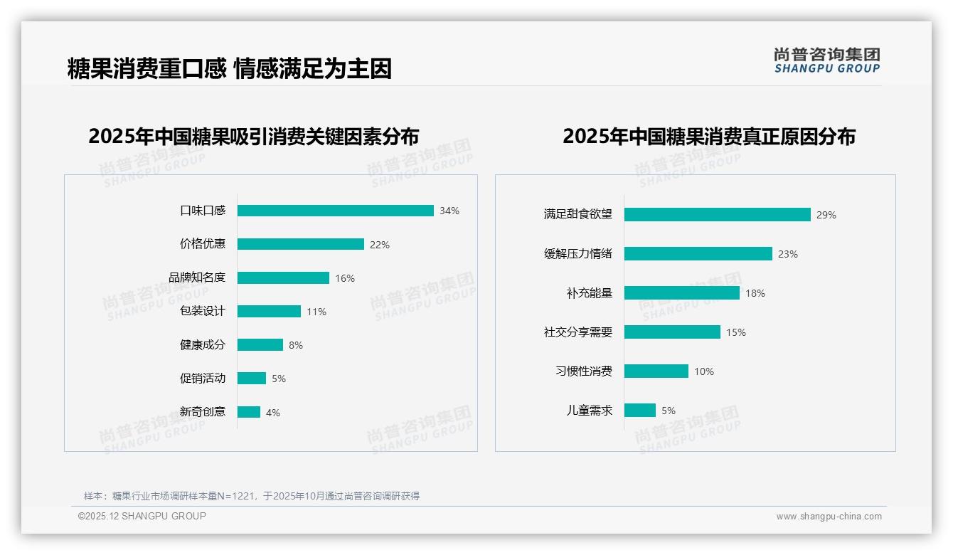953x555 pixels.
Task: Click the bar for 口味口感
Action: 335,211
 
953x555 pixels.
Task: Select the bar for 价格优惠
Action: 300,244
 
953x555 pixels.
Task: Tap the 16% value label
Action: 345,278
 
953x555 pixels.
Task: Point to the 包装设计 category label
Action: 203,311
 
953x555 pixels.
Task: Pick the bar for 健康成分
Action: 260,345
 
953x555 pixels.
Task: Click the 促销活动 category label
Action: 203,378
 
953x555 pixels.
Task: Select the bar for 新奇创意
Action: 249,412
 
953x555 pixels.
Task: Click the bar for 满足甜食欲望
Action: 717,214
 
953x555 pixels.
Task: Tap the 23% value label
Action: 788,254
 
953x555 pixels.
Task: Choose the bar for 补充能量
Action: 681,293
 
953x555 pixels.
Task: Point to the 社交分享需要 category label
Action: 578,332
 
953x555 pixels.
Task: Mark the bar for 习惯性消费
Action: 656,371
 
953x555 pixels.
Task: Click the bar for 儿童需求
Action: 639,411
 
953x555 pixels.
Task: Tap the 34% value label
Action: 449,211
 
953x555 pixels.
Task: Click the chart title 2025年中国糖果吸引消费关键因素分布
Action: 254,136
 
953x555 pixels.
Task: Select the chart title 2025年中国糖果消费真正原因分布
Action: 709,136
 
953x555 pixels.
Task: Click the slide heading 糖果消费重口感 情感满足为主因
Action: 229,68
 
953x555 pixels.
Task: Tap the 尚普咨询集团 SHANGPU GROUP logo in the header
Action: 826,60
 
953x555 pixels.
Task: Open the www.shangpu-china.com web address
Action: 829,517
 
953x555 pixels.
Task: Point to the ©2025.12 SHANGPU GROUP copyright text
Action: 142,516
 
